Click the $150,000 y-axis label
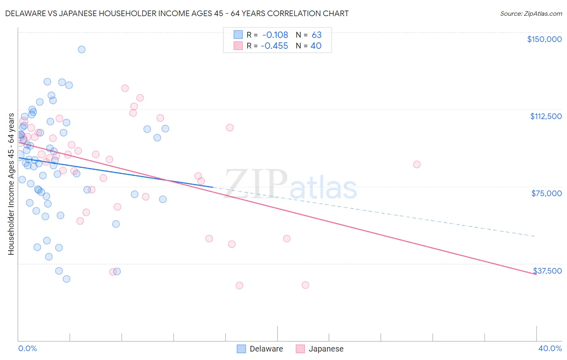[x=544, y=39]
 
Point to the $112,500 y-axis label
[x=546, y=116]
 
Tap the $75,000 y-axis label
[x=546, y=193]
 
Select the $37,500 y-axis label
[x=547, y=271]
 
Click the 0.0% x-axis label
[x=27, y=348]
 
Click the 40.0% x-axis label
[x=550, y=348]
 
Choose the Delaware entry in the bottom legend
[x=259, y=349]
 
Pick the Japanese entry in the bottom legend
[x=319, y=349]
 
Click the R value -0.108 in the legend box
[x=275, y=35]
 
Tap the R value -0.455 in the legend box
[x=274, y=46]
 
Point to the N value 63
[x=316, y=35]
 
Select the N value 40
[x=316, y=46]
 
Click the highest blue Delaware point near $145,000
[x=81, y=50]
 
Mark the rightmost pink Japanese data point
[x=417, y=164]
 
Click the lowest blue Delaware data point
[x=67, y=279]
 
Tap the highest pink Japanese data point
[x=125, y=88]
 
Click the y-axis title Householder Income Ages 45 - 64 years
[x=11, y=184]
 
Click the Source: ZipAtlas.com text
[x=531, y=14]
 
